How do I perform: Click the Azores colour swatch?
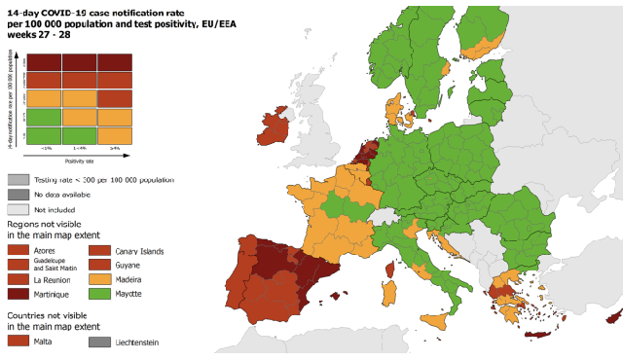pos(18,251)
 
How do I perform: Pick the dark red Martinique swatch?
pos(18,294)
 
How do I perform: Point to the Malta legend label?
pos(46,342)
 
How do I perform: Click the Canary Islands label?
pos(139,251)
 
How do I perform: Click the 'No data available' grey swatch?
pos(18,195)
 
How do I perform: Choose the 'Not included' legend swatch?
pos(18,209)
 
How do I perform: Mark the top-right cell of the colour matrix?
pos(116,61)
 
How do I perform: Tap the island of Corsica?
pos(390,268)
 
